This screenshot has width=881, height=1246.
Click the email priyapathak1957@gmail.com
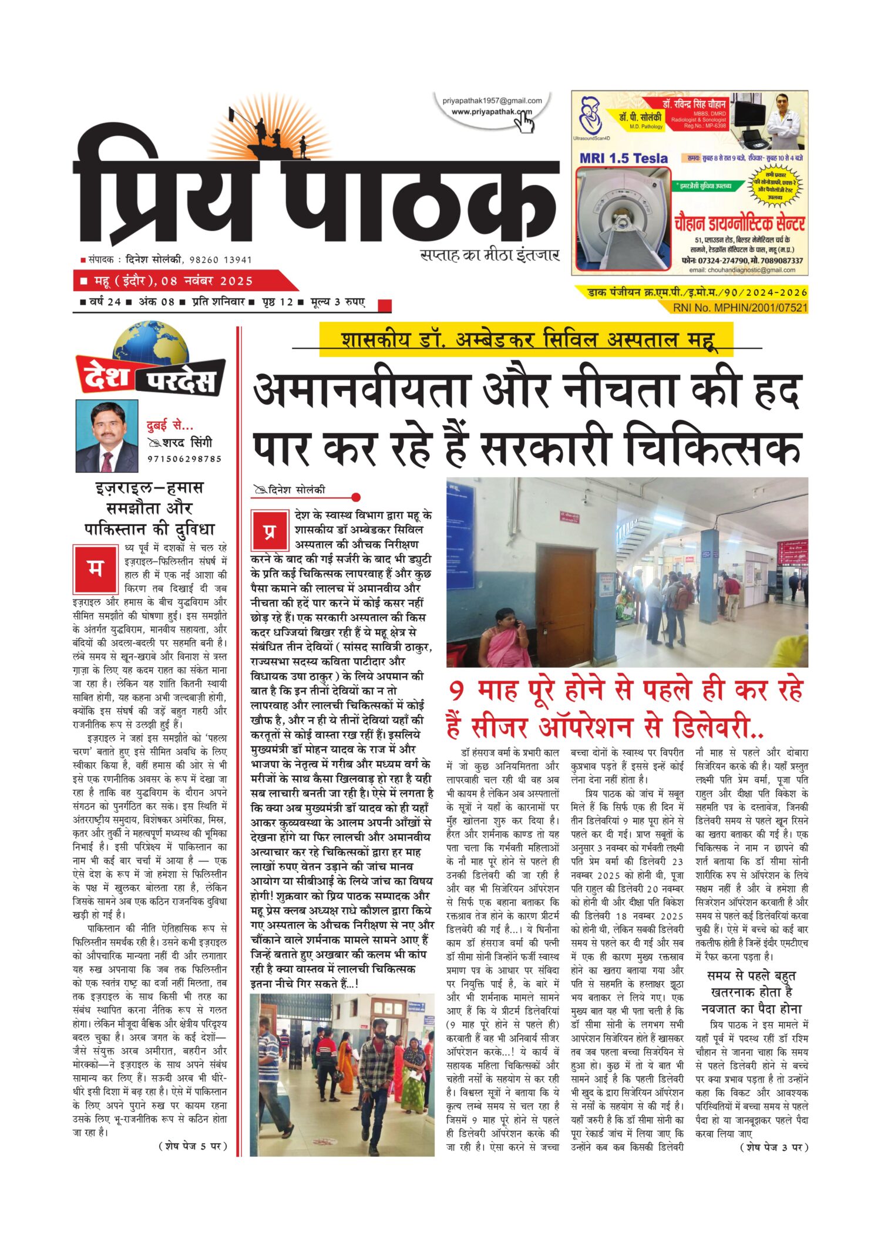coord(492,101)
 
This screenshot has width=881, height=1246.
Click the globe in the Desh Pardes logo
coord(151,347)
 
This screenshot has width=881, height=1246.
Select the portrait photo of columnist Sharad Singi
coord(107,436)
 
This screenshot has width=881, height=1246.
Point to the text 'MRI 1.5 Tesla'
coord(623,158)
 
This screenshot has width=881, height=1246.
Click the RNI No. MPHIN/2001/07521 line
coord(739,307)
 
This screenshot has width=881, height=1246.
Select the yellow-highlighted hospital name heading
coord(526,339)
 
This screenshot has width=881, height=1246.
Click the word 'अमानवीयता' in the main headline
coord(361,391)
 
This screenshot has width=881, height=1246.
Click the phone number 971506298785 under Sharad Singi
coord(184,459)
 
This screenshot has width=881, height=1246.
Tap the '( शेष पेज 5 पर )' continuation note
coord(193,1146)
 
